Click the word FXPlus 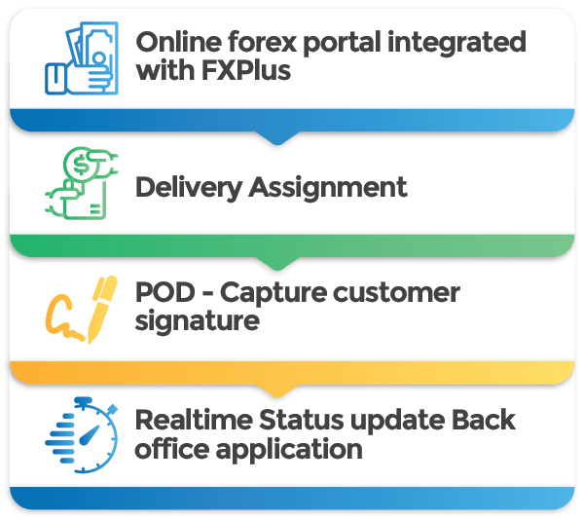pyautogui.click(x=246, y=71)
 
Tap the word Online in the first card pyautogui.click(x=179, y=42)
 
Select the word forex pyautogui.click(x=263, y=42)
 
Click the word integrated pyautogui.click(x=456, y=43)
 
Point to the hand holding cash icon pyautogui.click(x=82, y=58)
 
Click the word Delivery pyautogui.click(x=189, y=188)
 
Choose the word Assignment pyautogui.click(x=328, y=188)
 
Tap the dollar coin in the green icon pyautogui.click(x=81, y=165)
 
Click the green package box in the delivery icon pyautogui.click(x=85, y=201)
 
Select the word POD pyautogui.click(x=165, y=292)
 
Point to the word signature pyautogui.click(x=197, y=322)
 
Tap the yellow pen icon pyautogui.click(x=102, y=309)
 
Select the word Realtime pyautogui.click(x=194, y=421)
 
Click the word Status pyautogui.click(x=301, y=421)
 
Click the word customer pyautogui.click(x=396, y=293)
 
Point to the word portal pyautogui.click(x=342, y=43)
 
